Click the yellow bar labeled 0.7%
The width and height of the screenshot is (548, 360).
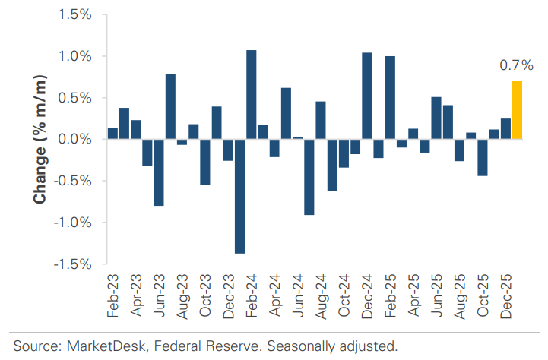517,110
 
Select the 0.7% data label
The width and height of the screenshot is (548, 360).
515,66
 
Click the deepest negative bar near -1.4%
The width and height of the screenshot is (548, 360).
239,196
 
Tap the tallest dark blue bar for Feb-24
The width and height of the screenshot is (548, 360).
251,95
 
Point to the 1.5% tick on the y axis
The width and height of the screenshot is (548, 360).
74,15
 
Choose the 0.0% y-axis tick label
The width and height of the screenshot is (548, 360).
74,140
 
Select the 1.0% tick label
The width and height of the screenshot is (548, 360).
74,57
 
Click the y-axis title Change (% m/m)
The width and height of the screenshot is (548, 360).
38,140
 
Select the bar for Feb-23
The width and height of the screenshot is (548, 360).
112,134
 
